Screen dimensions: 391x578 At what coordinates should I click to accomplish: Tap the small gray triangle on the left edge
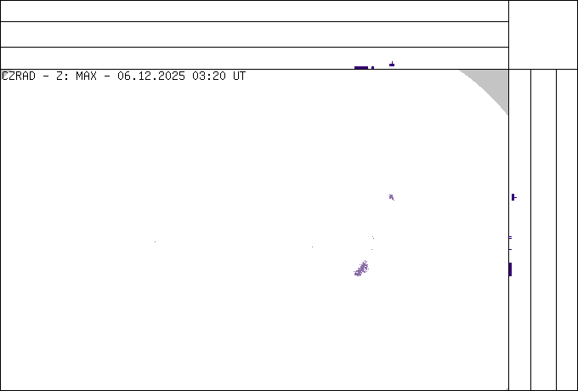point(4,74)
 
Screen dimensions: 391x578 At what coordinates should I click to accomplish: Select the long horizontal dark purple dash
point(363,67)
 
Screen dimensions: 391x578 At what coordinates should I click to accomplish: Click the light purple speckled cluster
point(361,269)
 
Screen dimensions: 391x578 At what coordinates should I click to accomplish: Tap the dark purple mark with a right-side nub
point(513,197)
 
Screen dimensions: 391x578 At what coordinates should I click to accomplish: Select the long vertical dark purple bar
point(510,269)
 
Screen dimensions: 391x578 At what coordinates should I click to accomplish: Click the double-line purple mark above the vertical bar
point(510,238)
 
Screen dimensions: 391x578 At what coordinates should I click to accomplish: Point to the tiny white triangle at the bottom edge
point(507,388)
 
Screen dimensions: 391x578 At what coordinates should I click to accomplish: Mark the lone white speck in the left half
point(155,241)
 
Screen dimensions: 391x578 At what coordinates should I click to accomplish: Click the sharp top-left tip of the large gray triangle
point(460,71)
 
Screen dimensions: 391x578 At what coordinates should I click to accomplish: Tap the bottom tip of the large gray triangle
point(507,114)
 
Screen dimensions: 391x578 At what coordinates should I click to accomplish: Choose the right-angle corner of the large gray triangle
point(507,71)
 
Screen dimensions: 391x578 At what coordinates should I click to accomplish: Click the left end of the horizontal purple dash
point(354,67)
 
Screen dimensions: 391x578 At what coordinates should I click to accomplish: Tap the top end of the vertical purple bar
point(510,263)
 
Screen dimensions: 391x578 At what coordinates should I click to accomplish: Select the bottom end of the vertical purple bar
point(510,275)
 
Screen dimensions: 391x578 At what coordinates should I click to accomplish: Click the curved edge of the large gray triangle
point(486,90)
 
